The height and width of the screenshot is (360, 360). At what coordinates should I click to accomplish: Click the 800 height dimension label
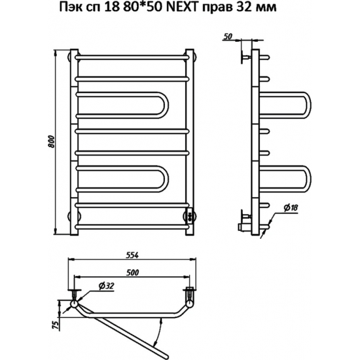[x=52, y=141]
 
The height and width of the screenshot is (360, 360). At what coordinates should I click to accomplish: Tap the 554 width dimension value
[x=132, y=255]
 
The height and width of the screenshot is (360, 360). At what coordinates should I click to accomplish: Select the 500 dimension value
[x=132, y=272]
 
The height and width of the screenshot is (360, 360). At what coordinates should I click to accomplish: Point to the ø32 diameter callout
[x=106, y=286]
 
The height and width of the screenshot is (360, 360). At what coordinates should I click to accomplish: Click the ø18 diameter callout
[x=291, y=207]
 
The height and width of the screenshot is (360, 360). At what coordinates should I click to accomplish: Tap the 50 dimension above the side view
[x=228, y=36]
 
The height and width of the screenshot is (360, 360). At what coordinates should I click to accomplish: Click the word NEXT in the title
[x=181, y=8]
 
